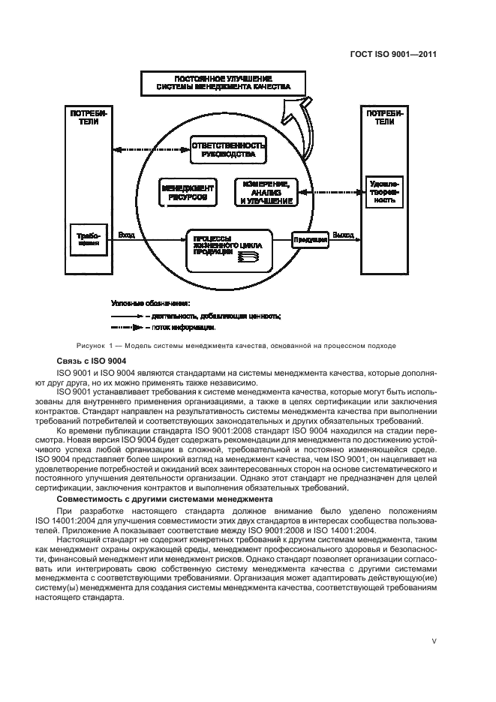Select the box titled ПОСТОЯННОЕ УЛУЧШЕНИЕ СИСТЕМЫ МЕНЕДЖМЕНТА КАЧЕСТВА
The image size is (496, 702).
[x=223, y=83]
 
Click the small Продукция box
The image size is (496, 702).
[x=310, y=240]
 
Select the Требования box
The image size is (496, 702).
[x=89, y=239]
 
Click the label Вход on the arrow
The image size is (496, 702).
[x=127, y=235]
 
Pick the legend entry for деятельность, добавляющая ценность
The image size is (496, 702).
[x=197, y=316]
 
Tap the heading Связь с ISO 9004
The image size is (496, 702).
[x=89, y=361]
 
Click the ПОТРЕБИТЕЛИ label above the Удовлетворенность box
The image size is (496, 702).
[x=384, y=117]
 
